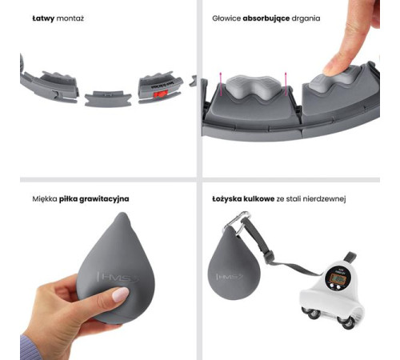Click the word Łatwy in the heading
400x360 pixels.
[43, 18]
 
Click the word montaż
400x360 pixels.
[70, 18]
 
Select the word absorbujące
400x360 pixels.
[266, 18]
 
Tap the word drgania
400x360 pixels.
[306, 18]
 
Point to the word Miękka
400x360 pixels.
[45, 199]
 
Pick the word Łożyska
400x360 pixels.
[227, 199]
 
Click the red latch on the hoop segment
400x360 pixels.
[161, 94]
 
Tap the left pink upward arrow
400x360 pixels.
[221, 83]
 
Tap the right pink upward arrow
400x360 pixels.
[286, 83]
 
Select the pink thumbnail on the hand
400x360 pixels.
[121, 294]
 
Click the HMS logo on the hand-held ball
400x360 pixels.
[118, 277]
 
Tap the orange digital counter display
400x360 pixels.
[337, 279]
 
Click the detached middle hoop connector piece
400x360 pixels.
[108, 98]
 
